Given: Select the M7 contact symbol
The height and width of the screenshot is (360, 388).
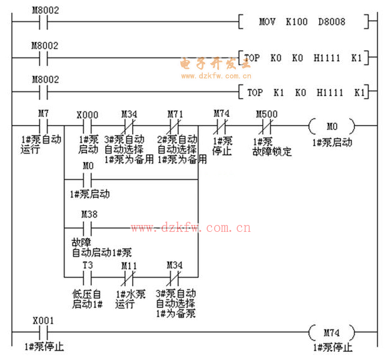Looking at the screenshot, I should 43,125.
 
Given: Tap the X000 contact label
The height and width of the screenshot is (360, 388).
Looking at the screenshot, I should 87,115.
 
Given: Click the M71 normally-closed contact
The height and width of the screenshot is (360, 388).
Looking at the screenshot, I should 175,125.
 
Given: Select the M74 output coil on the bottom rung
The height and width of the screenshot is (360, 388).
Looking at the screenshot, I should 332,331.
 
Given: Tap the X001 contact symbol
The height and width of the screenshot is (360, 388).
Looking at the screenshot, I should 43,331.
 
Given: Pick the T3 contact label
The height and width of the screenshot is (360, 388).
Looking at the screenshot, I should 88,264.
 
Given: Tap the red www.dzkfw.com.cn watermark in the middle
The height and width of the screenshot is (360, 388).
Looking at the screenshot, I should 191,228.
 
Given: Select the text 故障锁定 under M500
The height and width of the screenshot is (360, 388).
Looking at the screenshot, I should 272,151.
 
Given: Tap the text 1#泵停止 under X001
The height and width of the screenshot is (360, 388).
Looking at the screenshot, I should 44,347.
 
